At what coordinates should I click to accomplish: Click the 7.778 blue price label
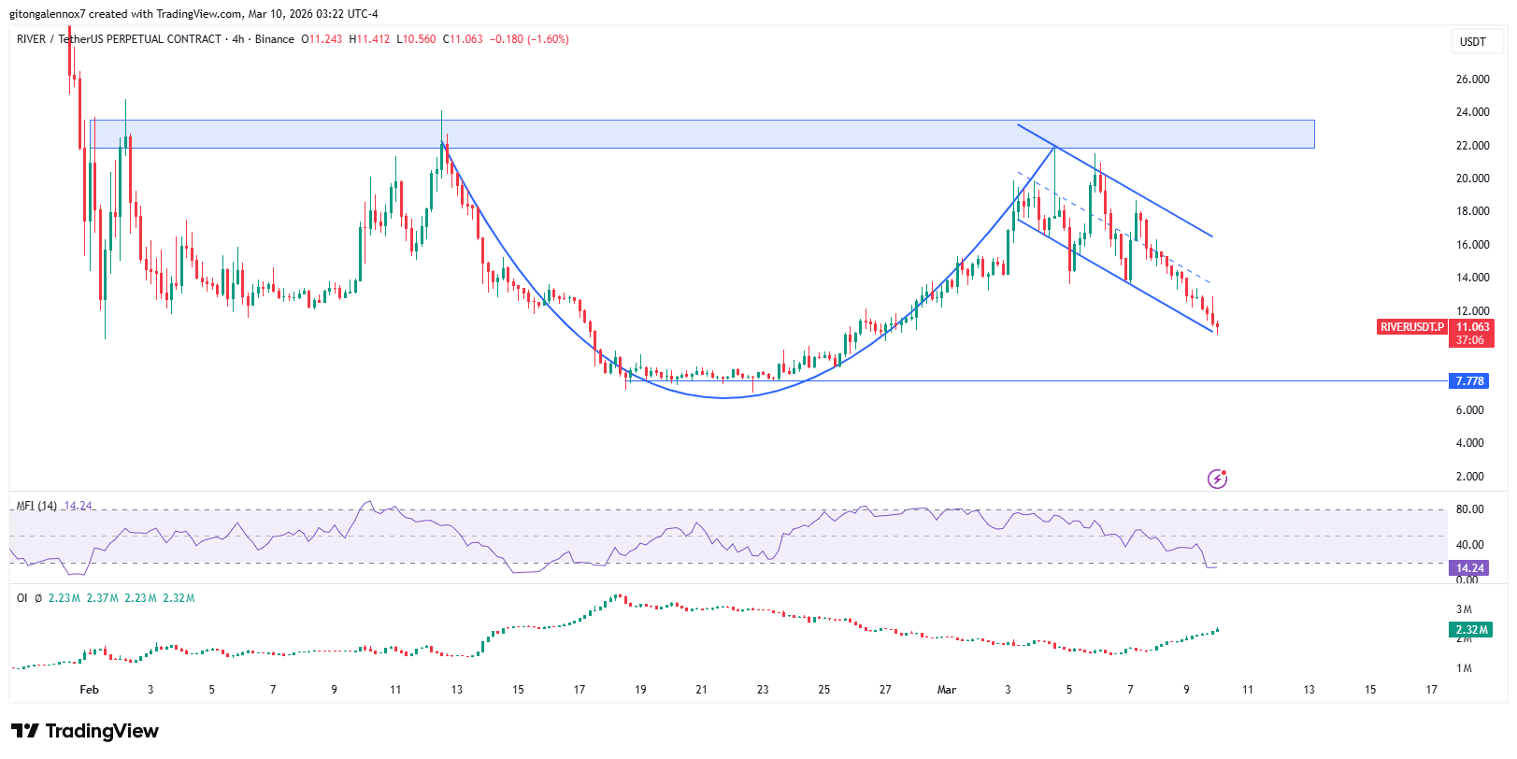[x=1469, y=381]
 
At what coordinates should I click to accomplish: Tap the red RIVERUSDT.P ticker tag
[x=1411, y=327]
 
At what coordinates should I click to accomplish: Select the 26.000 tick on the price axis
[x=1472, y=79]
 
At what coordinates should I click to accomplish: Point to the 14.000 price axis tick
[x=1472, y=278]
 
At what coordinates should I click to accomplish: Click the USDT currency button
[x=1473, y=42]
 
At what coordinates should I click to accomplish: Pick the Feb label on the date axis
[x=90, y=690]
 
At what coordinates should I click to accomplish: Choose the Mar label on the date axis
[x=947, y=690]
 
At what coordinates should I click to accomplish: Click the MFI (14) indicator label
[x=36, y=506]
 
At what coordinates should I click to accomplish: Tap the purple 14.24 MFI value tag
[x=1469, y=568]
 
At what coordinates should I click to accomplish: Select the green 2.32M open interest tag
[x=1470, y=630]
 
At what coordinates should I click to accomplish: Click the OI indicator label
[x=21, y=598]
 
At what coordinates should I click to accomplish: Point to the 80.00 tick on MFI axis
[x=1469, y=509]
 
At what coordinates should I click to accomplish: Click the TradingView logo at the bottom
[x=85, y=731]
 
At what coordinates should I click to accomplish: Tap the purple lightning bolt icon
[x=1217, y=479]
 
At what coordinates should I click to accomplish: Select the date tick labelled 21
[x=701, y=690]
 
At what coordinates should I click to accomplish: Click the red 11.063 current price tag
[x=1472, y=327]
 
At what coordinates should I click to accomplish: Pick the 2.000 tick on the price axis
[x=1469, y=477]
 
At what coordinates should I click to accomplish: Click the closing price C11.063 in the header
[x=464, y=39]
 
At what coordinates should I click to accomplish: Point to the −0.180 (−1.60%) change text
[x=529, y=39]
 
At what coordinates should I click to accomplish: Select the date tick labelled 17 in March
[x=1431, y=690]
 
